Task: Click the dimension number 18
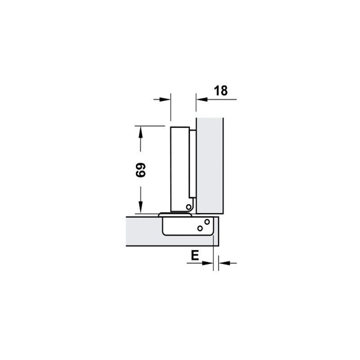tap(221, 90)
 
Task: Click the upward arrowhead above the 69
tap(141, 132)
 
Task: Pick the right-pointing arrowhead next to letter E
tap(207, 263)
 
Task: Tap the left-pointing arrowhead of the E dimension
tap(223, 263)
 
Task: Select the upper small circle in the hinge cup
tap(207, 222)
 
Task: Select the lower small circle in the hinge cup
tap(200, 229)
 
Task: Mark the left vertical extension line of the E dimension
tap(212, 252)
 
